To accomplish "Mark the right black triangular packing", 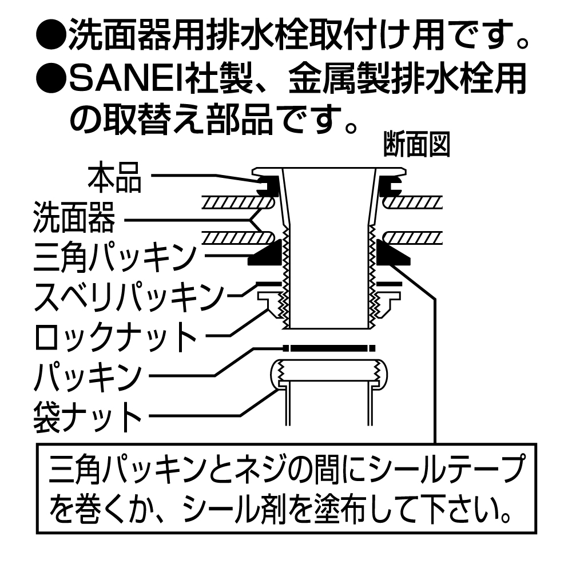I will point(395,254).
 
